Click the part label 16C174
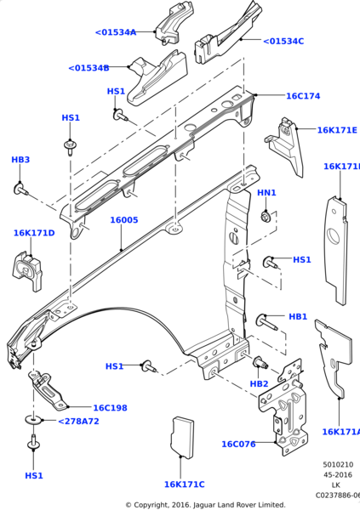[302, 96]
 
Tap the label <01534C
[283, 41]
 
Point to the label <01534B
[89, 68]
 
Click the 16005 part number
[123, 219]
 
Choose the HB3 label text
[20, 160]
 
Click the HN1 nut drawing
[266, 218]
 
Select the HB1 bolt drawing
[267, 321]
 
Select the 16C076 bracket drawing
[283, 408]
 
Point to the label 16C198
[110, 408]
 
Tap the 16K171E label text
[337, 130]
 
